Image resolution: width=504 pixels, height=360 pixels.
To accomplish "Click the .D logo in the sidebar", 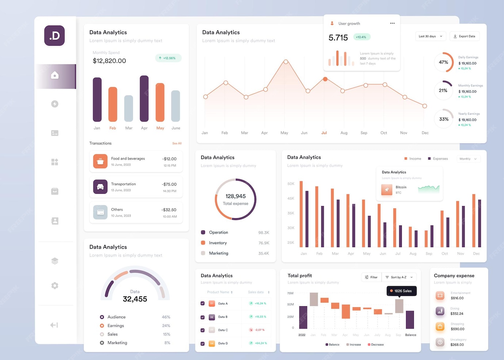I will pos(54,35).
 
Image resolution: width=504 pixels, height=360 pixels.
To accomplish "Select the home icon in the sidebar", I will pos(55,75).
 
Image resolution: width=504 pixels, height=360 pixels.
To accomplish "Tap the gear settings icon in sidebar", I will pos(55,285).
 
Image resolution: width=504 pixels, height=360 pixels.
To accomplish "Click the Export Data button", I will pos(464,36).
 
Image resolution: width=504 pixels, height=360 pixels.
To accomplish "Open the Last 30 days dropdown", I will pos(430,36).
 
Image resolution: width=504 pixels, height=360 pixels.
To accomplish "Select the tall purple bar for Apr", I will pos(144,99).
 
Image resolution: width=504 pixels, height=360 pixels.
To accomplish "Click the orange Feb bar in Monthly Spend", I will pos(113,104).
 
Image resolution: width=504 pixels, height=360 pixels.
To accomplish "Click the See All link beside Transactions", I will pos(177,143).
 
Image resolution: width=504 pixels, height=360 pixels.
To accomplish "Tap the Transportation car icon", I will pos(100,187).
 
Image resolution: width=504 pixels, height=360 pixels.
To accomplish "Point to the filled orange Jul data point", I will pos(325,79).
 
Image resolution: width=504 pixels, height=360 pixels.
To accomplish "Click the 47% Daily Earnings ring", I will pos(443,62).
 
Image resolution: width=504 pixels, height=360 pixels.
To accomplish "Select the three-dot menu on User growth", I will pos(392,23).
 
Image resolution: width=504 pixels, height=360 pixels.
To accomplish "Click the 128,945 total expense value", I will pos(236,196).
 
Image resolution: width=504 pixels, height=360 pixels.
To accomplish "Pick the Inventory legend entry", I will pos(218,243).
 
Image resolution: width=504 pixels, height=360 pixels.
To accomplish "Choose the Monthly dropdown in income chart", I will pos(468,159).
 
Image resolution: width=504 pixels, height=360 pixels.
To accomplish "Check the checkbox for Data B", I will pos(203,317).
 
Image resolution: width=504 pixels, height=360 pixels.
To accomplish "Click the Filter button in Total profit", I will pos(371,277).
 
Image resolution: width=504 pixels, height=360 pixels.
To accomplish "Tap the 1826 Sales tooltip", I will pos(401,291).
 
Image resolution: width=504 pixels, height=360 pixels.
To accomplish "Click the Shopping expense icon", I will pos(440,327).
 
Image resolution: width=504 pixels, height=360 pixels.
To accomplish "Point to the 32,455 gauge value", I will pos(135,299).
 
